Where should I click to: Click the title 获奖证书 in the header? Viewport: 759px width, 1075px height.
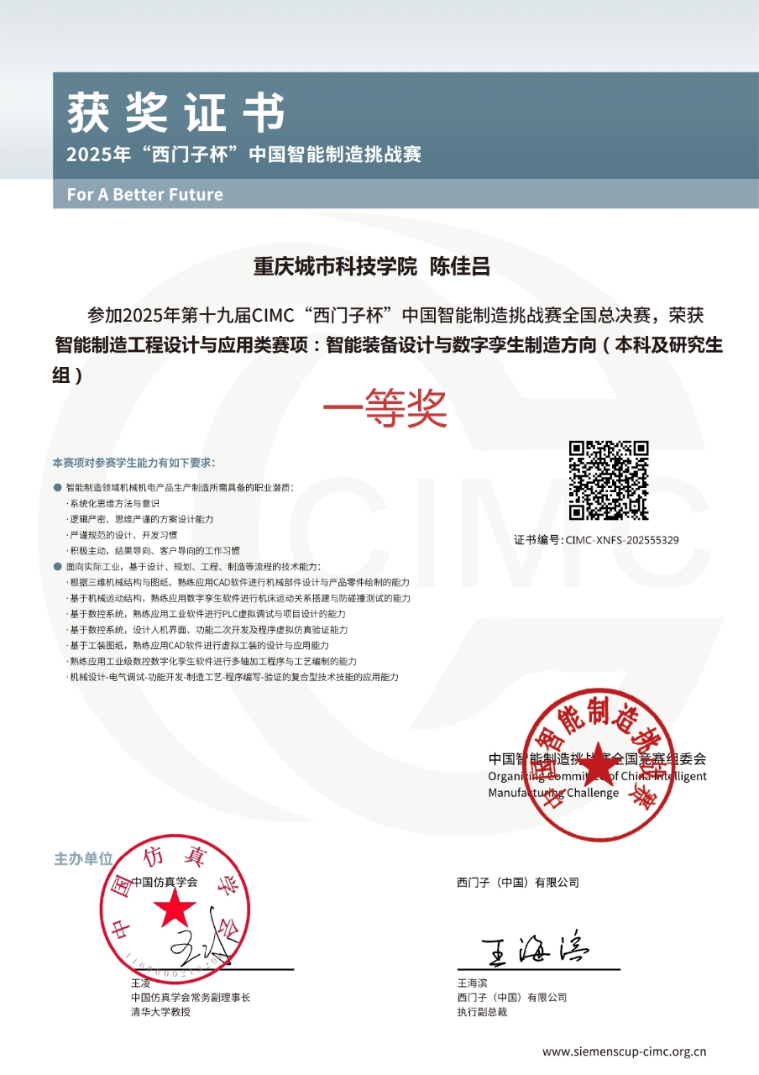(175, 113)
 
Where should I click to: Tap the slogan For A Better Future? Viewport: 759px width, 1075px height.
(144, 195)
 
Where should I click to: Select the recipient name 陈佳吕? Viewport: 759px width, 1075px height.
(459, 268)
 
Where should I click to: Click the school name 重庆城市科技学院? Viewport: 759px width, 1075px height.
(335, 268)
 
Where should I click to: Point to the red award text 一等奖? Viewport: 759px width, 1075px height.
(385, 411)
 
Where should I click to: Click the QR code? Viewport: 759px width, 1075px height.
(609, 480)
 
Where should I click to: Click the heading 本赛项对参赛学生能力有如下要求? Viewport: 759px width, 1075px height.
(133, 463)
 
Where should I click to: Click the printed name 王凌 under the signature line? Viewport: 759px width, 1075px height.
(140, 983)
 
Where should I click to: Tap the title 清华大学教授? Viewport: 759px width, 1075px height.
(160, 1012)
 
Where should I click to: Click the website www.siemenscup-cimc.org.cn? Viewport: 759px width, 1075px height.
(624, 1051)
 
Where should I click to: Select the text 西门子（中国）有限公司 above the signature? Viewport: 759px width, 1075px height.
(518, 883)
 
